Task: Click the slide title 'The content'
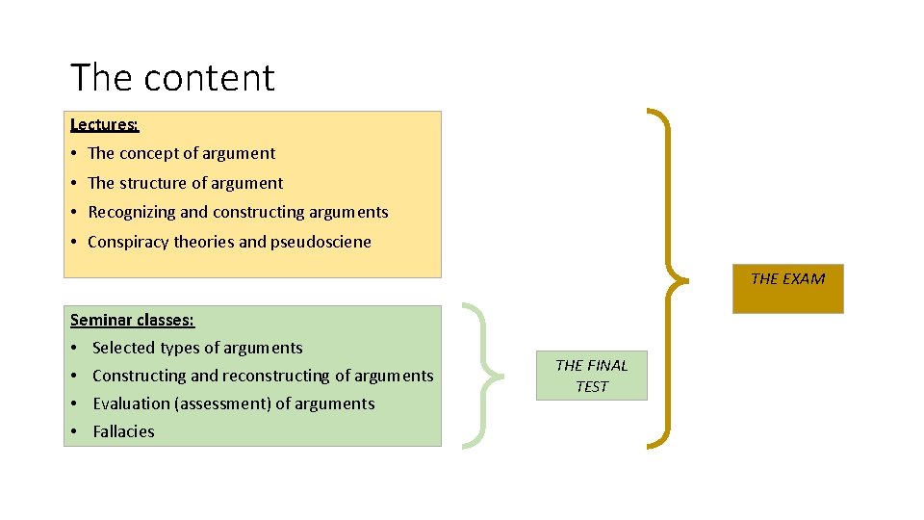(172, 78)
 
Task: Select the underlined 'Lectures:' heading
(104, 124)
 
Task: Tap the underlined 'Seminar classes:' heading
(132, 320)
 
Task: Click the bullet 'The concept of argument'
(181, 153)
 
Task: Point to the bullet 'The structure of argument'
(185, 183)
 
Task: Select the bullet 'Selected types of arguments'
(197, 348)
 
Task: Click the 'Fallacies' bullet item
(123, 431)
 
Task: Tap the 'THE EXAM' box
(787, 288)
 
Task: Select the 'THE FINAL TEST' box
(591, 376)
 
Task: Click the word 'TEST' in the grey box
(592, 386)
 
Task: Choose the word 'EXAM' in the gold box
(804, 279)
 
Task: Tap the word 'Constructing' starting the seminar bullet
(139, 376)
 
